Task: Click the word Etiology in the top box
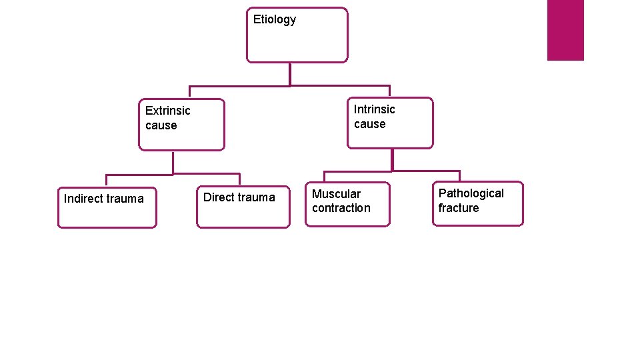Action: tap(274, 19)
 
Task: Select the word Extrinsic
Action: tap(167, 111)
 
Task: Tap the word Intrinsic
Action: tap(374, 109)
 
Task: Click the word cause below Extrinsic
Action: tap(161, 125)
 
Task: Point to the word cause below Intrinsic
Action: tap(369, 124)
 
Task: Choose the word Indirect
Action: tap(83, 199)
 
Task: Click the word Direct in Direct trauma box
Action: tap(218, 197)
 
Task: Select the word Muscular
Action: tap(336, 194)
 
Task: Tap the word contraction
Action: tap(341, 208)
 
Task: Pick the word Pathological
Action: tap(471, 193)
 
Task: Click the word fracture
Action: tap(458, 208)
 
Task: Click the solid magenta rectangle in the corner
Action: tap(565, 30)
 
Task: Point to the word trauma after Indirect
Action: tap(125, 199)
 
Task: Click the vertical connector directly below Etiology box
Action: tap(290, 74)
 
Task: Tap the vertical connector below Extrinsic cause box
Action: tap(173, 162)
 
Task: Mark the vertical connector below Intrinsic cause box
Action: tap(392, 159)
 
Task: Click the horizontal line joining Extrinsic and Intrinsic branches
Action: tap(290, 86)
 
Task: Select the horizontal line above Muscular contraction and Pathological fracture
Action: tap(392, 171)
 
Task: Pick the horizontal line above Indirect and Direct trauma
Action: tap(173, 175)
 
